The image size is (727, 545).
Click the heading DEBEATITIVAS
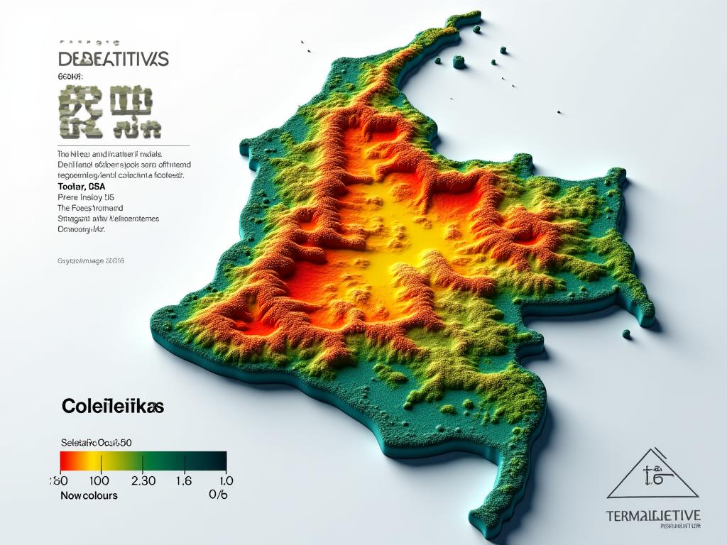click(x=113, y=59)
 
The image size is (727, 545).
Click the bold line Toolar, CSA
click(x=81, y=186)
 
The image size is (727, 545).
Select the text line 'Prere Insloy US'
click(x=86, y=197)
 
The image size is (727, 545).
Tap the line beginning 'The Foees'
click(x=90, y=209)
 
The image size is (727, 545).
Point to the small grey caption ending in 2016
click(x=90, y=261)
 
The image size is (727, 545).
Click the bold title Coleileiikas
click(x=113, y=407)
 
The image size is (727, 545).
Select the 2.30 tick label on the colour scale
click(x=144, y=480)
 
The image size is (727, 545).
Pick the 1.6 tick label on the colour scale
click(x=183, y=480)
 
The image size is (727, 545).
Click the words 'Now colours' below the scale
click(x=89, y=495)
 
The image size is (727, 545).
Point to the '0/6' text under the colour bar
click(x=219, y=495)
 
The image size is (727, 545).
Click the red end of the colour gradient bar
click(x=65, y=461)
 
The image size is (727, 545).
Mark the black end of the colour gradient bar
click(x=222, y=461)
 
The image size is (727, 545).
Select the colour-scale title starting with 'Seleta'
click(x=97, y=443)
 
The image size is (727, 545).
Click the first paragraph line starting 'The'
click(x=109, y=153)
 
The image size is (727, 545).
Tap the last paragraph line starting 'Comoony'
click(x=81, y=230)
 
